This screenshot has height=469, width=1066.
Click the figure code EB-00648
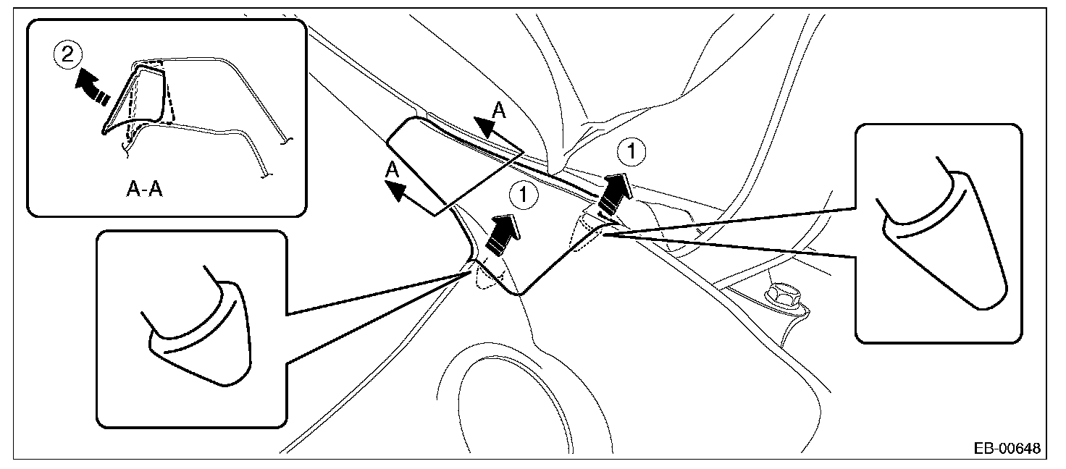[1006, 449]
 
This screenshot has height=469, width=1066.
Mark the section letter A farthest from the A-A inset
[499, 110]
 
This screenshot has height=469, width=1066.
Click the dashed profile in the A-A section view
[171, 98]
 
